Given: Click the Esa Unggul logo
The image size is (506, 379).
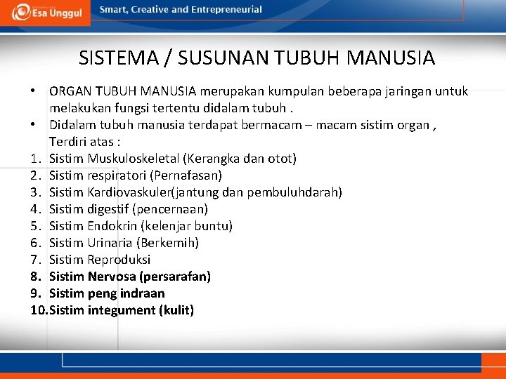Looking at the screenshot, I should coord(46,12).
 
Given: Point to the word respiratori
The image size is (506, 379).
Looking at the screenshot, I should coord(115,175).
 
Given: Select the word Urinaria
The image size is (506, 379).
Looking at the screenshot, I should coord(112,243).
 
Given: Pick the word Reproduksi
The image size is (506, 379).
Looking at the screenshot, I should coord(119,260).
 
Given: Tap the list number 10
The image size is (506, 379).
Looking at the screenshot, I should coord(39,310).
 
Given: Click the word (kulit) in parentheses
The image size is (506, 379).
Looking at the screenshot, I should coord(176,310).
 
